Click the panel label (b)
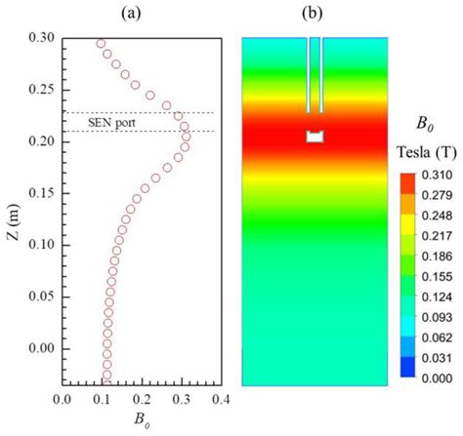(x=315, y=14)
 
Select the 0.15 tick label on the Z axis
(x=40, y=193)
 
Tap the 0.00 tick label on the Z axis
(x=40, y=348)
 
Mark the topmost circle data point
(x=101, y=44)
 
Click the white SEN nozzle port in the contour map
(x=315, y=137)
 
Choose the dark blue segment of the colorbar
(x=408, y=368)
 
